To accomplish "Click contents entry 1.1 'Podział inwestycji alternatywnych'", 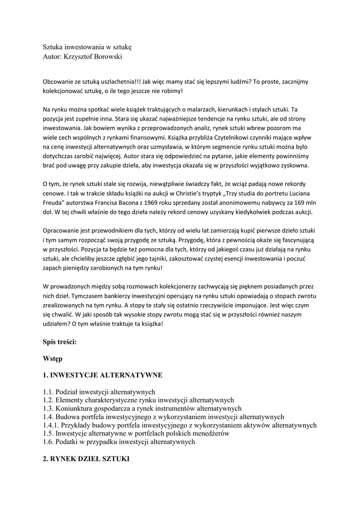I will (x=99, y=391).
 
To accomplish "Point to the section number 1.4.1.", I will (x=53, y=425).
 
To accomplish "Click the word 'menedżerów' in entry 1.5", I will (x=211, y=434).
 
